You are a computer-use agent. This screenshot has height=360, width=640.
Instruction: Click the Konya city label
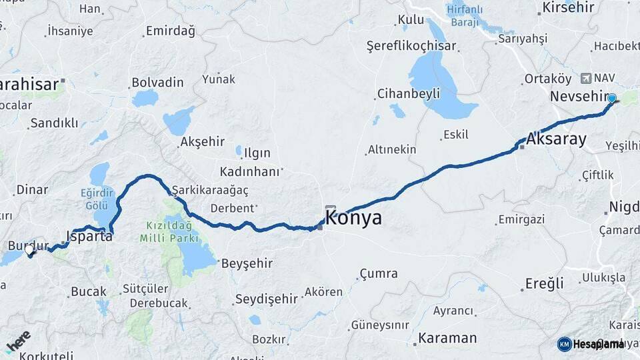point(353,218)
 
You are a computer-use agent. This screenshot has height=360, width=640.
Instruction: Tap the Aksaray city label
point(556,139)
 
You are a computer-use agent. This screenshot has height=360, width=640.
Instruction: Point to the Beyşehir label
point(247,263)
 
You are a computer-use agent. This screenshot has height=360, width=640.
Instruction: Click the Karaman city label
point(447,338)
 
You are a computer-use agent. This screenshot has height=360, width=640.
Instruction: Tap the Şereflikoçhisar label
point(411,45)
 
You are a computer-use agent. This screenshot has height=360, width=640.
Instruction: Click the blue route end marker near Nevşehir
point(611,99)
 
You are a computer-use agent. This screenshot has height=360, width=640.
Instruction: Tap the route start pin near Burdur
point(30,251)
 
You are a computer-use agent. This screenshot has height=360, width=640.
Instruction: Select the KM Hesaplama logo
point(591,344)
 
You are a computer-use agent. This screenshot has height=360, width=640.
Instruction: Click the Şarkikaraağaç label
point(210,190)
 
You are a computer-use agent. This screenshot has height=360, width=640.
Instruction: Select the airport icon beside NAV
point(586,78)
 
